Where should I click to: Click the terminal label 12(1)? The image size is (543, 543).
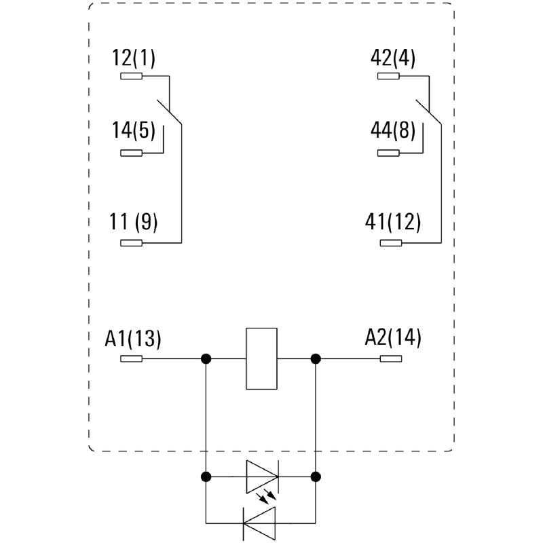(134, 58)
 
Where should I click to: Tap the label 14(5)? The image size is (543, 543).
(134, 130)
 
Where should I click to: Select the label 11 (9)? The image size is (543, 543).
(134, 222)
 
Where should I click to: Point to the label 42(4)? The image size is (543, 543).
(393, 58)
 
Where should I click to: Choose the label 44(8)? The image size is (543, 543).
(393, 130)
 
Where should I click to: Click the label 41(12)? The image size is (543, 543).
(393, 222)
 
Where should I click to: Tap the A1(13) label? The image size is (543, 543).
(133, 338)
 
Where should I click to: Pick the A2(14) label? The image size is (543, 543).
(393, 337)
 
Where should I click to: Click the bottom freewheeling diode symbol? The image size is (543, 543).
(259, 523)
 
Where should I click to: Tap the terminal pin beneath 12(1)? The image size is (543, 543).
(131, 76)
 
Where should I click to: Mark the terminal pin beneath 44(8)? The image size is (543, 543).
(388, 153)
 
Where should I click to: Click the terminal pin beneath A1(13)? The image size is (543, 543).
(131, 359)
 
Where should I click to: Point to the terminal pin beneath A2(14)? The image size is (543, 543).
(391, 359)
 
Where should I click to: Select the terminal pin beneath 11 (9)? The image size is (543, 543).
(131, 243)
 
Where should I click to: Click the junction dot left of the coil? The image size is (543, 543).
(206, 359)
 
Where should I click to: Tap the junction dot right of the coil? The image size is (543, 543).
(316, 359)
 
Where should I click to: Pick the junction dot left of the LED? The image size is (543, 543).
(206, 477)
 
